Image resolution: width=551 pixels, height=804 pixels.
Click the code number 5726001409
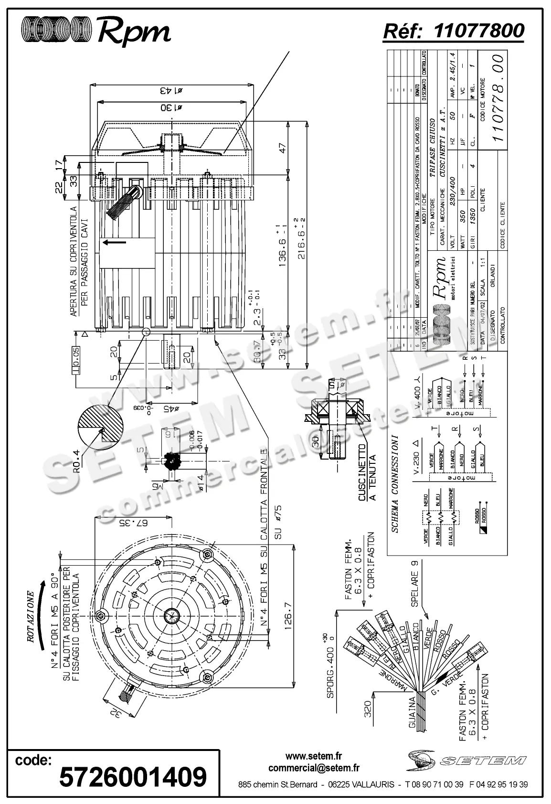pyautogui.click(x=133, y=776)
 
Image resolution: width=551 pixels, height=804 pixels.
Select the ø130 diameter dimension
pyautogui.click(x=171, y=107)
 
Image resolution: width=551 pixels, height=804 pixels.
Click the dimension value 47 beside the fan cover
pyautogui.click(x=283, y=148)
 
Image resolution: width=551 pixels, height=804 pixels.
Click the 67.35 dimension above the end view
pyautogui.click(x=134, y=522)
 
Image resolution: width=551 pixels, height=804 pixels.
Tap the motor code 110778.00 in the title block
pyautogui.click(x=498, y=97)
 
